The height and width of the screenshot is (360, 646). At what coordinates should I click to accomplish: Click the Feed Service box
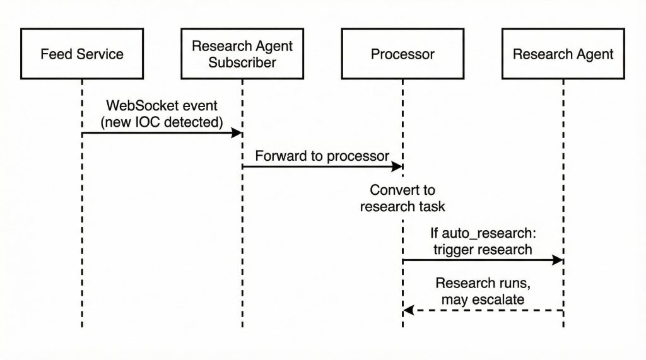click(x=82, y=54)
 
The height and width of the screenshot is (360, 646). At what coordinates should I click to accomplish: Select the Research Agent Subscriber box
click(x=242, y=54)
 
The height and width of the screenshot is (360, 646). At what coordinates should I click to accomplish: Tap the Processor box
click(x=402, y=54)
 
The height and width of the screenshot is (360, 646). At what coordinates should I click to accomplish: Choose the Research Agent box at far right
click(x=563, y=54)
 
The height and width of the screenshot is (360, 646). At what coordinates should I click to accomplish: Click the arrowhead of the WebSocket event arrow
click(x=238, y=132)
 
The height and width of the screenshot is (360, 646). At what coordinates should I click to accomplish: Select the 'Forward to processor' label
click(x=322, y=156)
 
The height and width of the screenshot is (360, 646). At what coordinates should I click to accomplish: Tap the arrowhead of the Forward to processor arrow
click(x=398, y=166)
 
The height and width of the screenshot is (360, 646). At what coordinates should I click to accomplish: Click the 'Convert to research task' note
click(x=402, y=198)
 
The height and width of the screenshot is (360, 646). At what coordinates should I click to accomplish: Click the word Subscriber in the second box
click(x=242, y=62)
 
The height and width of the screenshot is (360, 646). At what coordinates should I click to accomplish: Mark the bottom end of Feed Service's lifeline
click(x=82, y=326)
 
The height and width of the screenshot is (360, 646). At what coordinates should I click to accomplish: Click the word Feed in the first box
click(x=54, y=54)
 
